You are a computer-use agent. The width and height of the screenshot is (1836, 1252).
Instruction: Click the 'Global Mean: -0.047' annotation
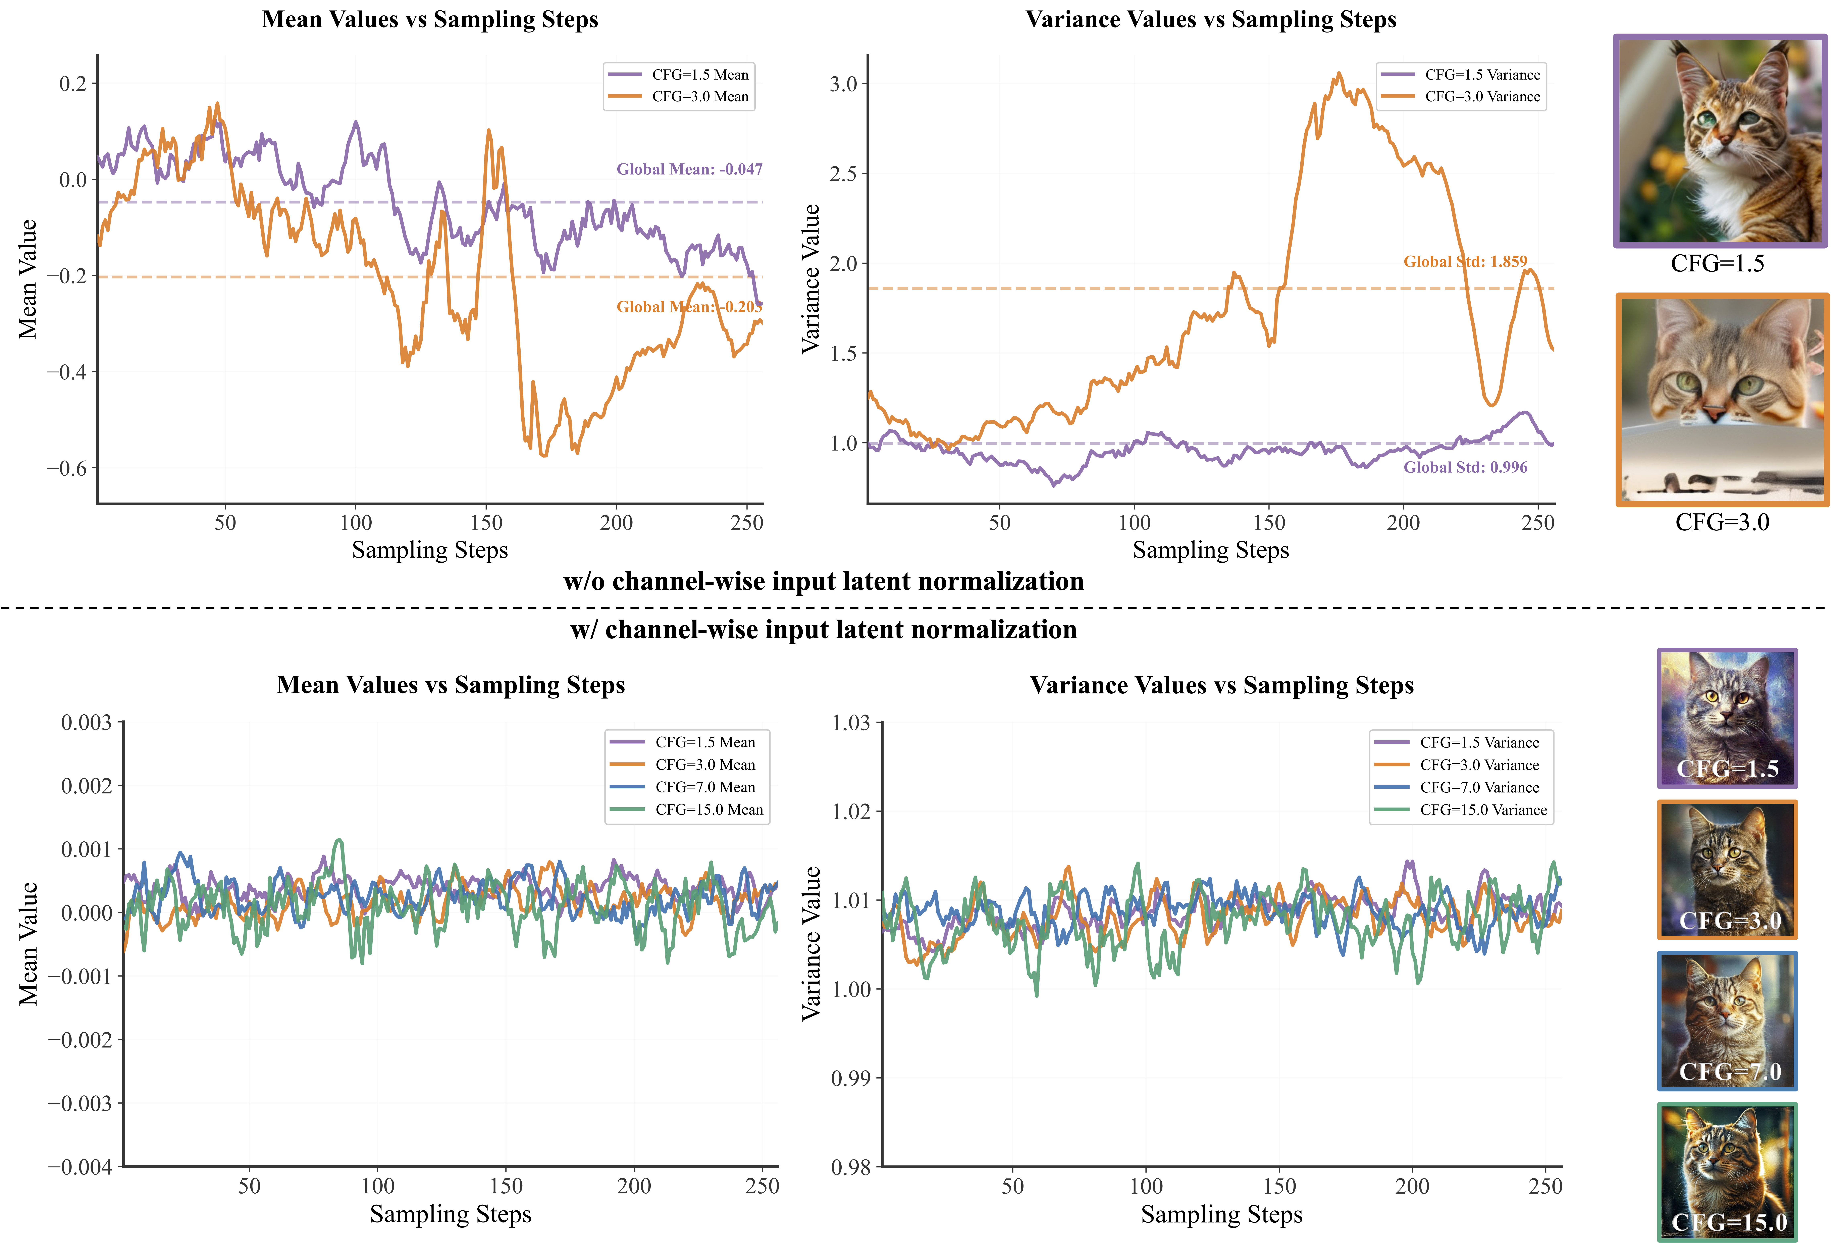[689, 169]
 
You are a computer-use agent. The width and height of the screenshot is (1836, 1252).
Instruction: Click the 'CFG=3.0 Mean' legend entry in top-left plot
[699, 96]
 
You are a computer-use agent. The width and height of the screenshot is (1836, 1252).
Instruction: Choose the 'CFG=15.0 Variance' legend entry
[1483, 810]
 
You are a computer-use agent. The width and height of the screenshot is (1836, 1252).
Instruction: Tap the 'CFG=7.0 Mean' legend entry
[705, 787]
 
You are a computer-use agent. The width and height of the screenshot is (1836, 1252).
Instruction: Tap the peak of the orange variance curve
[1338, 74]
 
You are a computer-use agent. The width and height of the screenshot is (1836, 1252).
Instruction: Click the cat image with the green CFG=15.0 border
[1727, 1171]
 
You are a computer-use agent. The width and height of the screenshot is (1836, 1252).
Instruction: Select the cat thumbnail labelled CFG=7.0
[1727, 1021]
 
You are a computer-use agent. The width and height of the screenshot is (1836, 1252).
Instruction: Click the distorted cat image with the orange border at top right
[1722, 400]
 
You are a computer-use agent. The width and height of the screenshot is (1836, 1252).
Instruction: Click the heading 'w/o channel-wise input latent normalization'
[823, 581]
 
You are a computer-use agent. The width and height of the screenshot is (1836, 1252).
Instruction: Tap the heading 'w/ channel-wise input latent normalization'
[823, 630]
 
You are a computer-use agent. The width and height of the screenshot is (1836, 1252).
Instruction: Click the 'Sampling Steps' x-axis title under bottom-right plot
[1221, 1214]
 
